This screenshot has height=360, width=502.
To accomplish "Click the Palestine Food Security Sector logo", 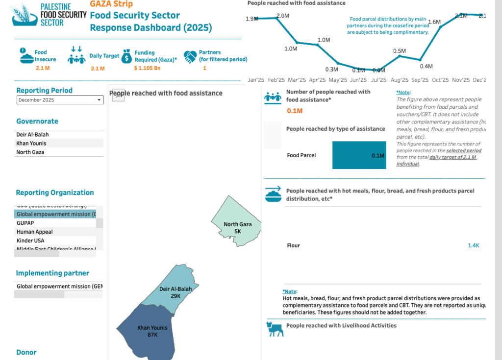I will click(x=45, y=14).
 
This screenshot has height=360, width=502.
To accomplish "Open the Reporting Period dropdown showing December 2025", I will click(x=60, y=100).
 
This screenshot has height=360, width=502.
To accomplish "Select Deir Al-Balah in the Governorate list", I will click(x=32, y=135).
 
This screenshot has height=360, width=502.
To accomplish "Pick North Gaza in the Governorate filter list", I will click(x=30, y=152).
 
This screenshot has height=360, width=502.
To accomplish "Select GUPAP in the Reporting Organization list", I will click(x=25, y=223).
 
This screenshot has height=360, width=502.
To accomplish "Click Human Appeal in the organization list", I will click(x=35, y=232).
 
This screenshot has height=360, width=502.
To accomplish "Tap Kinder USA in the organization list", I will click(x=30, y=240).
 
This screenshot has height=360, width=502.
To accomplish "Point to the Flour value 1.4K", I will click(x=473, y=245).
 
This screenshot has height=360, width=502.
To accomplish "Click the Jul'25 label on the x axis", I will click(x=378, y=80).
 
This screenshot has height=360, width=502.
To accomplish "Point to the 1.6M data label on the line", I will click(x=434, y=22).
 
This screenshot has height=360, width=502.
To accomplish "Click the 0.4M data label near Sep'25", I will click(x=426, y=66).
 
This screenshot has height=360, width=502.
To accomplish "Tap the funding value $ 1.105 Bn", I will click(x=147, y=68).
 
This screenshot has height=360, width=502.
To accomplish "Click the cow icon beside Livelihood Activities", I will click(x=275, y=329).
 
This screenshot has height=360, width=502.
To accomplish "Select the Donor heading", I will click(x=26, y=352).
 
